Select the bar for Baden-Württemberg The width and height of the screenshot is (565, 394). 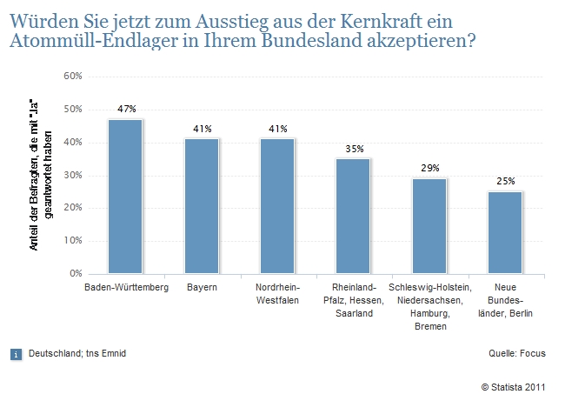(125, 197)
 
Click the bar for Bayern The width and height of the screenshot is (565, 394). (202, 206)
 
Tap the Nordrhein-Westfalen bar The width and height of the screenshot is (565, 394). (277, 206)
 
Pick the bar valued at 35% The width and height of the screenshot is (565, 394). (353, 216)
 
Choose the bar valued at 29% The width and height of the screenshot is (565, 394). (429, 226)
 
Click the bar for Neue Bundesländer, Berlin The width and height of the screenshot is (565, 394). (505, 232)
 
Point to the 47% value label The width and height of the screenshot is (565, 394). (126, 110)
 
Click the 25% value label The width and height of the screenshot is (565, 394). (506, 181)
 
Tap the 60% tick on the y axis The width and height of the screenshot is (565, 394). (73, 77)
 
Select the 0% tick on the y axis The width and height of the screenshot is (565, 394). (76, 274)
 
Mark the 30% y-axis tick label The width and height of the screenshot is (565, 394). (73, 176)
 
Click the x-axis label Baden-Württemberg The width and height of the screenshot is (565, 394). (125, 288)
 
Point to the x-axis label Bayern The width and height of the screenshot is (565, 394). (201, 288)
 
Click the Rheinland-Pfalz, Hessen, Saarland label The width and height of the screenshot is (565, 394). (353, 300)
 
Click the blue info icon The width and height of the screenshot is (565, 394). (15, 354)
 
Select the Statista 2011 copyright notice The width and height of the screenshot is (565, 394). (514, 384)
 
